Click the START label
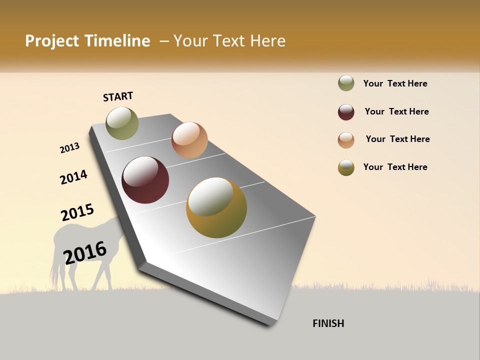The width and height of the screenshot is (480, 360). (118, 96)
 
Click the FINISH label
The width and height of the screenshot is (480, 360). (328, 323)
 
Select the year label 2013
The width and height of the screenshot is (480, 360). (69, 148)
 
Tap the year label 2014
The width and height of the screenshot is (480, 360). (73, 177)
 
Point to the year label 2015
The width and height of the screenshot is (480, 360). (77, 212)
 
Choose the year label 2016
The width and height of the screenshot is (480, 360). (85, 252)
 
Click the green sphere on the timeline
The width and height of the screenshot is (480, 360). (122, 123)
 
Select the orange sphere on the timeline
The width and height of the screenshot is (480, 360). (189, 140)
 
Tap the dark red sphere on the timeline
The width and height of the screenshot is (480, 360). (145, 180)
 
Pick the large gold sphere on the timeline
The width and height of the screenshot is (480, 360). (216, 207)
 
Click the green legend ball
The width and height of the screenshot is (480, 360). (346, 83)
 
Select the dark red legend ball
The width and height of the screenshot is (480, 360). (346, 112)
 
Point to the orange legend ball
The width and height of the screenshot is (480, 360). (346, 140)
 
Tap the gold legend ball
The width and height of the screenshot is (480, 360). (346, 167)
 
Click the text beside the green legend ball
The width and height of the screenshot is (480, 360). (395, 83)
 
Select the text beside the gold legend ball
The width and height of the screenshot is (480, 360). (395, 167)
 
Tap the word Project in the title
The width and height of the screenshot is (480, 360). (52, 41)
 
